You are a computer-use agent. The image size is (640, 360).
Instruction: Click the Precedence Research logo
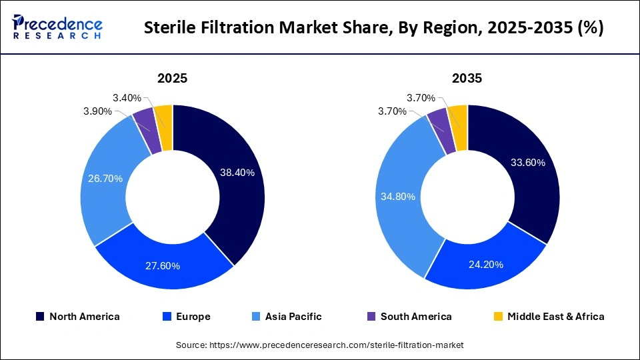[x=57, y=27]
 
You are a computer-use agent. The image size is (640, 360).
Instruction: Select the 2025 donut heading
[x=172, y=79]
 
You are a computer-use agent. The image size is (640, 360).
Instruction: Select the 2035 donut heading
[x=467, y=79]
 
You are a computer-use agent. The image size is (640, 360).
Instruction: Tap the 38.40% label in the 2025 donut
[x=237, y=173]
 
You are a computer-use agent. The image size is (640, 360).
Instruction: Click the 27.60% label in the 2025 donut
[x=163, y=266]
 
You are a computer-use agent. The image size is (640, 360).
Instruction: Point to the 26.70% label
[x=105, y=179]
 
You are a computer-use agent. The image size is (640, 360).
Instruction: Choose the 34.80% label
[x=399, y=197]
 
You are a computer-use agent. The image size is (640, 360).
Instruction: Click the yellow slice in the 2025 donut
[x=164, y=116]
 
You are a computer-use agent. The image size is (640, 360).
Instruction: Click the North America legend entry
[x=78, y=317]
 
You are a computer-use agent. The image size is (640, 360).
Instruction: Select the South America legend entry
[x=409, y=317]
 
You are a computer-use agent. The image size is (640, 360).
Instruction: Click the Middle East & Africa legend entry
[x=549, y=317]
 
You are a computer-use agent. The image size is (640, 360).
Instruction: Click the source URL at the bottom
[x=319, y=345]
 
